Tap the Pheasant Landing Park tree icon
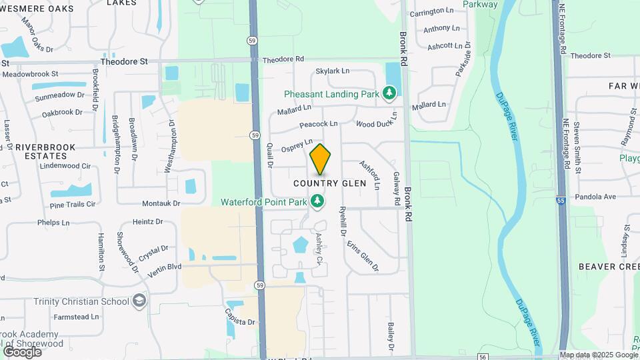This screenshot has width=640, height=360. tap(390, 94)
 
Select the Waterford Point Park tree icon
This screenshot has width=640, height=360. tap(318, 201)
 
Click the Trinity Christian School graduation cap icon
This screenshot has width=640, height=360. tap(139, 301)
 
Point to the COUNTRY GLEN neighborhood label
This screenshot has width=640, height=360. tap(330, 183)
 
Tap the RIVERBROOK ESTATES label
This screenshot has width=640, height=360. tap(50, 151)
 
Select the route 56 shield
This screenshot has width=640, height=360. tap(483, 357)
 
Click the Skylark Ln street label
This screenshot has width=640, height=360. tap(333, 71)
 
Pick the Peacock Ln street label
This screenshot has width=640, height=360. tap(319, 124)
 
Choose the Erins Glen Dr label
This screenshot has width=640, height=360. tap(363, 256)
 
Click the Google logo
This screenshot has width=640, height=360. tap(22, 351)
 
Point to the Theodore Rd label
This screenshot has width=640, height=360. tap(283, 59)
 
